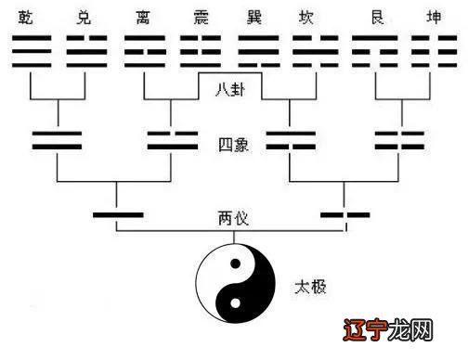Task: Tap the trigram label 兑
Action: pos(86,18)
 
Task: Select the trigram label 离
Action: pos(144,18)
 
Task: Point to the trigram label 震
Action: pos(201,18)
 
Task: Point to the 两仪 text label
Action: pos(231,219)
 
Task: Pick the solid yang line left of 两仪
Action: pos(117,216)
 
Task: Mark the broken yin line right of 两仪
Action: pos(345,216)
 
